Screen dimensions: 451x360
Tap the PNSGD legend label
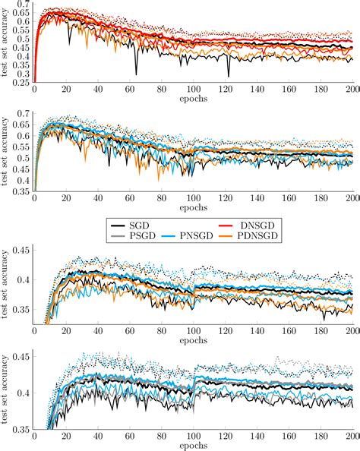pos(200,238)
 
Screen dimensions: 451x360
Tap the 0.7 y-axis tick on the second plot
pos(24,114)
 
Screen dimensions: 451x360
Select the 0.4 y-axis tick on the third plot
pos(24,280)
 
